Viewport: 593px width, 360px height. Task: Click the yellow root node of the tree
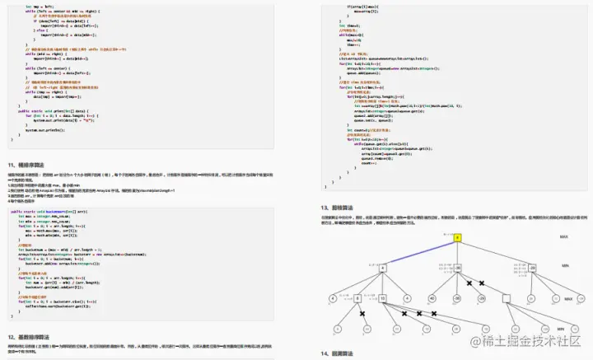click(457, 236)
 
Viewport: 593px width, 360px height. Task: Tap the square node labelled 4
click(383, 269)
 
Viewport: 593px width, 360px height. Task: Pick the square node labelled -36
click(458, 269)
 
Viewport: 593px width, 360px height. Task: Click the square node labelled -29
click(533, 269)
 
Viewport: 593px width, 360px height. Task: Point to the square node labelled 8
click(357, 298)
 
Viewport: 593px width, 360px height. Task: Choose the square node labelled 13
click(383, 298)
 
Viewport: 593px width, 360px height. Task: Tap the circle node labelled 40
click(432, 298)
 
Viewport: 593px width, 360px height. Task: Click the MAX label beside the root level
click(563, 236)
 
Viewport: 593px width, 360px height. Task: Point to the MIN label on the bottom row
click(561, 329)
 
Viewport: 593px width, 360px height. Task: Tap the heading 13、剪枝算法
click(344, 208)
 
